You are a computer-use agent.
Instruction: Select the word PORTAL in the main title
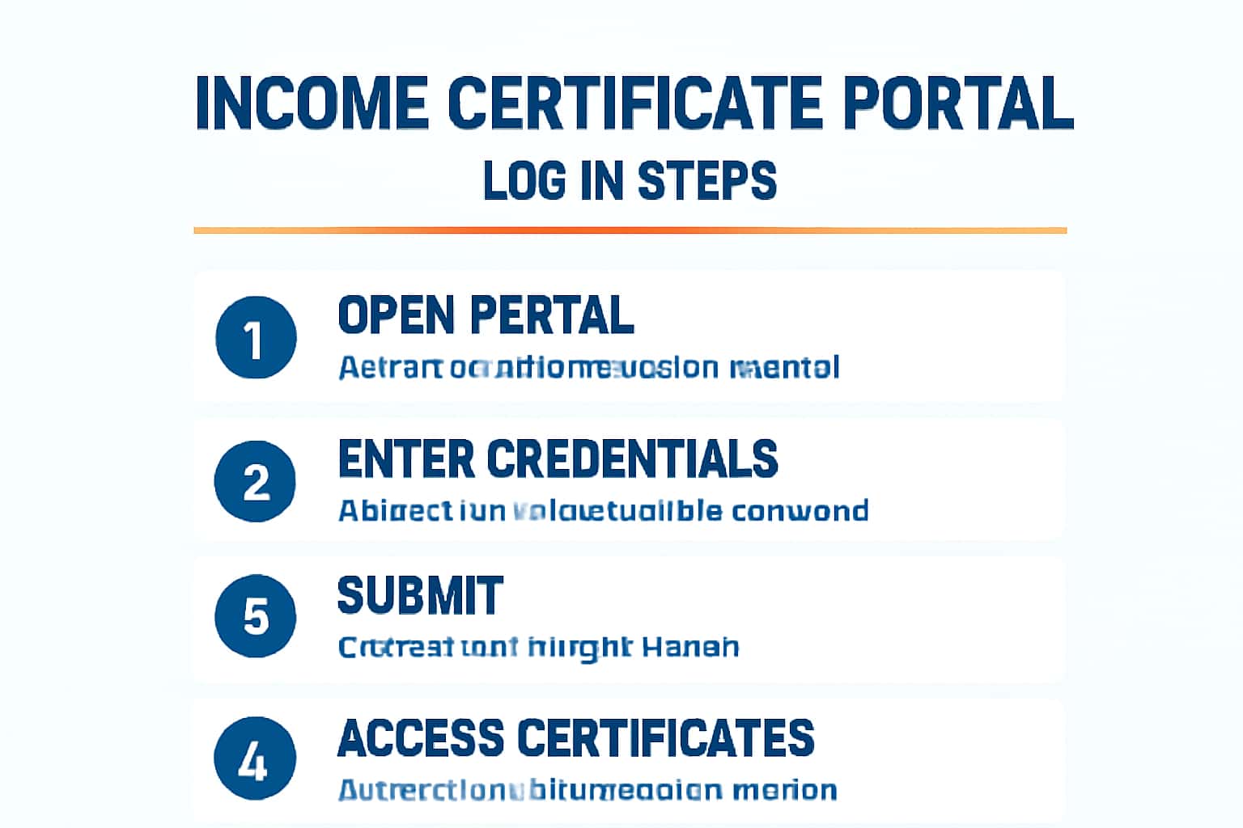click(x=958, y=103)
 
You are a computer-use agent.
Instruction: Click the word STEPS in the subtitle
click(x=706, y=180)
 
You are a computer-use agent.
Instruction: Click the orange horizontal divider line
click(x=630, y=230)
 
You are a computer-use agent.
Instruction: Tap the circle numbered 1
click(x=256, y=338)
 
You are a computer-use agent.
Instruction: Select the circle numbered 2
click(x=256, y=482)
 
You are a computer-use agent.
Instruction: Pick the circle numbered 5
click(x=256, y=616)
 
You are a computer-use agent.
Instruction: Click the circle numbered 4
click(x=254, y=759)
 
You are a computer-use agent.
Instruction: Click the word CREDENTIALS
click(x=632, y=459)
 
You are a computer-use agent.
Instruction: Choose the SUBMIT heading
click(x=420, y=596)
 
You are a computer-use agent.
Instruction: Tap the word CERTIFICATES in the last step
click(x=665, y=738)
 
